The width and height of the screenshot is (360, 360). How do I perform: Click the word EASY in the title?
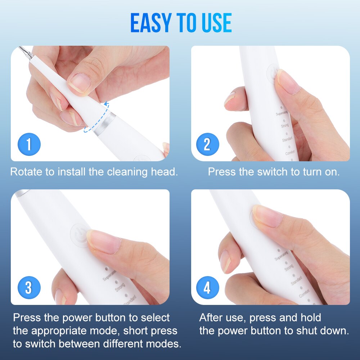coord(152,23)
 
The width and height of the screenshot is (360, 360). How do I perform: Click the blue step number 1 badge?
coord(29,144)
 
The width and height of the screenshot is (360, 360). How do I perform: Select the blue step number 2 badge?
coord(207,144)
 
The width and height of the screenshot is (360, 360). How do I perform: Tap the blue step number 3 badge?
coord(29,288)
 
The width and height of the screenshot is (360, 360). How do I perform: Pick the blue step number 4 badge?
coord(207,288)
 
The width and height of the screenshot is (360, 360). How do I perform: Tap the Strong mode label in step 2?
coord(285,126)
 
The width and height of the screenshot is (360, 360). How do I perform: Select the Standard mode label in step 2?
coord(287,139)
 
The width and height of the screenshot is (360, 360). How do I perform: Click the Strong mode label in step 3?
coord(120,288)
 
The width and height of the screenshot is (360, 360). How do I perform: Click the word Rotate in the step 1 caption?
coord(26,172)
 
